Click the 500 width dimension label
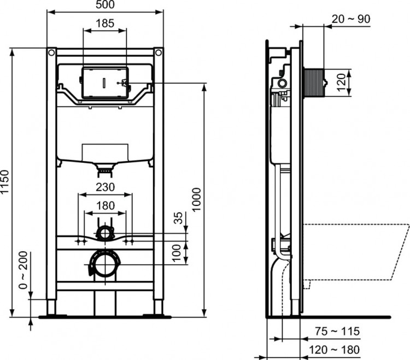pos(105,5)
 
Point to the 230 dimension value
pos(106,187)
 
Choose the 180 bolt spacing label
pos(106,206)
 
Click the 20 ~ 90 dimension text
pos(351,19)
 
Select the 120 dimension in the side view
pos(342,82)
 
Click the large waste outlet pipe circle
pos(104,265)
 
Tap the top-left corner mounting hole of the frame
pos(51,53)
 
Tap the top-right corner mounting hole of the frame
pos(159,53)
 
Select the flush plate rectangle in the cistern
pos(104,83)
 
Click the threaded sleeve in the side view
pos(313,82)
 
